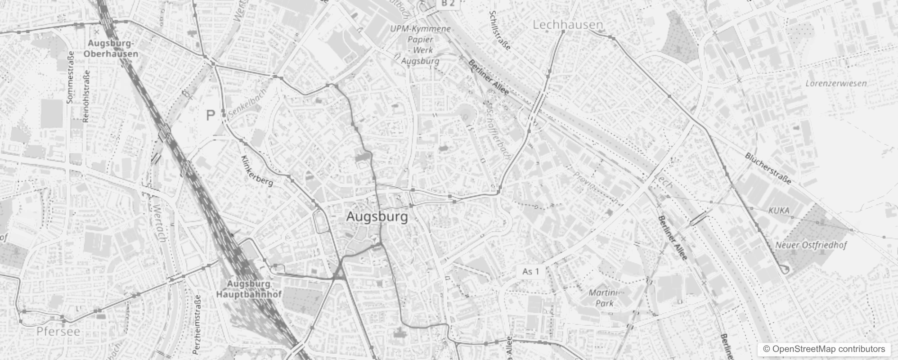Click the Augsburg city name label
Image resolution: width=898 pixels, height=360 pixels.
[377, 217]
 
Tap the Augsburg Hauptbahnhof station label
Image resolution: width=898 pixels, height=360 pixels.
[249, 289]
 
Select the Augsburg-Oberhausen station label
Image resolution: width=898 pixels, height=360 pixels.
[111, 49]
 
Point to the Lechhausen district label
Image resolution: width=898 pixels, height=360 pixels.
[567, 25]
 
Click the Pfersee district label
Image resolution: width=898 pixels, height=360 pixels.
[58, 332]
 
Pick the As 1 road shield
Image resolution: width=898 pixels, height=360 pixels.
[530, 271]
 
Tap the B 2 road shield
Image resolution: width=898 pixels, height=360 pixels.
[448, 4]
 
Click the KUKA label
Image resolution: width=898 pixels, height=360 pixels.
[779, 210]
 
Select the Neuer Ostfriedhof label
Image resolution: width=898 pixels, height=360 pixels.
[811, 245]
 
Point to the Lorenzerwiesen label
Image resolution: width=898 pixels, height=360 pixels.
[836, 83]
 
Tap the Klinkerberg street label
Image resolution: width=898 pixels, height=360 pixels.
[257, 171]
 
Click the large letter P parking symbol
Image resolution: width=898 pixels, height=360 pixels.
[210, 116]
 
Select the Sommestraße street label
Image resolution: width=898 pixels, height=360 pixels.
[70, 77]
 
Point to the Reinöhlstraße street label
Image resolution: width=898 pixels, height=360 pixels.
[86, 96]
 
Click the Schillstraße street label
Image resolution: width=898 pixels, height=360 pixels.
[500, 31]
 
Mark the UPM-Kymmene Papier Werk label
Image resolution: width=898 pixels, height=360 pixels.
[420, 45]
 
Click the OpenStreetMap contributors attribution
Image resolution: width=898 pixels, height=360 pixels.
[823, 349]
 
